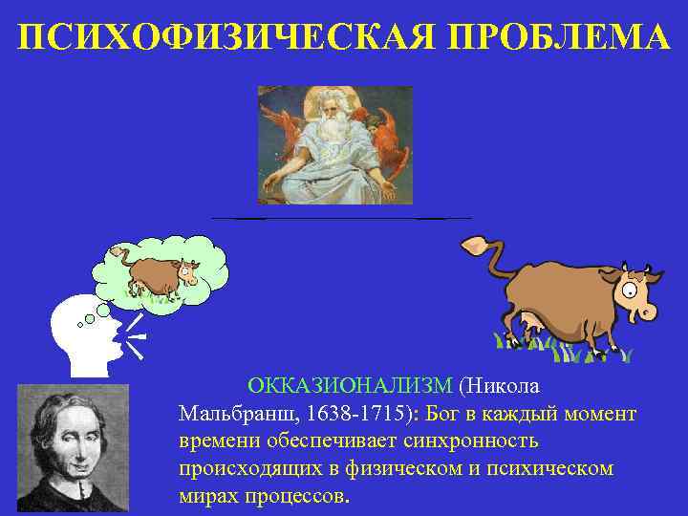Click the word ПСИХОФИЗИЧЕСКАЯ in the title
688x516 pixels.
click(208, 37)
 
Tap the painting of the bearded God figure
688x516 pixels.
click(334, 144)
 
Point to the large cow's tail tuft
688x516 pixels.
click(471, 246)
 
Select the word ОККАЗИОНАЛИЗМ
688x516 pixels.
click(350, 386)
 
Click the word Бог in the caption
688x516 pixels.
click(447, 414)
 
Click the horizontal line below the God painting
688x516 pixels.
click(340, 219)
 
